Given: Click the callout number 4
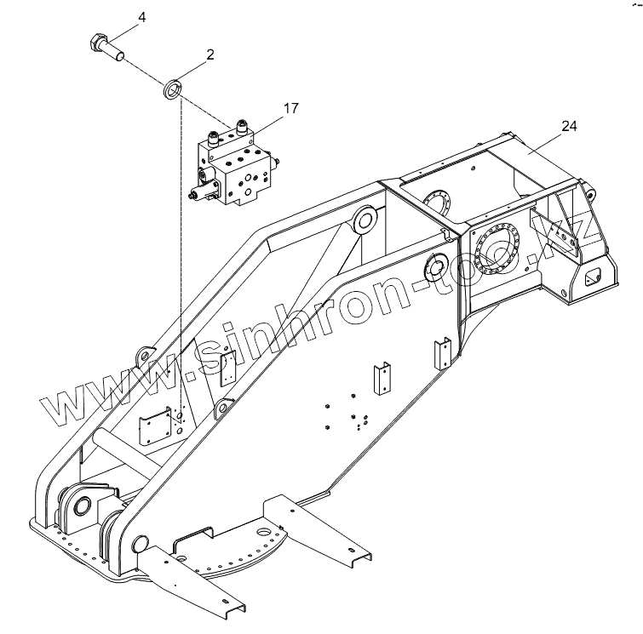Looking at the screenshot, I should pos(141,17).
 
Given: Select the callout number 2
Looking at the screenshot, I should pos(209,54).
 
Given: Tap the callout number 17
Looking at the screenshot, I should pos(291,108).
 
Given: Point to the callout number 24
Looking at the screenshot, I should pos(569,126).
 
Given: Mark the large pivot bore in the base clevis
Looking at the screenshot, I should pos(84,507).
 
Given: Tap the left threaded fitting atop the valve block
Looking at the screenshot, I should pos(215,136).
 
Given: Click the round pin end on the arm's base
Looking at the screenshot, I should pos(141,541).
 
